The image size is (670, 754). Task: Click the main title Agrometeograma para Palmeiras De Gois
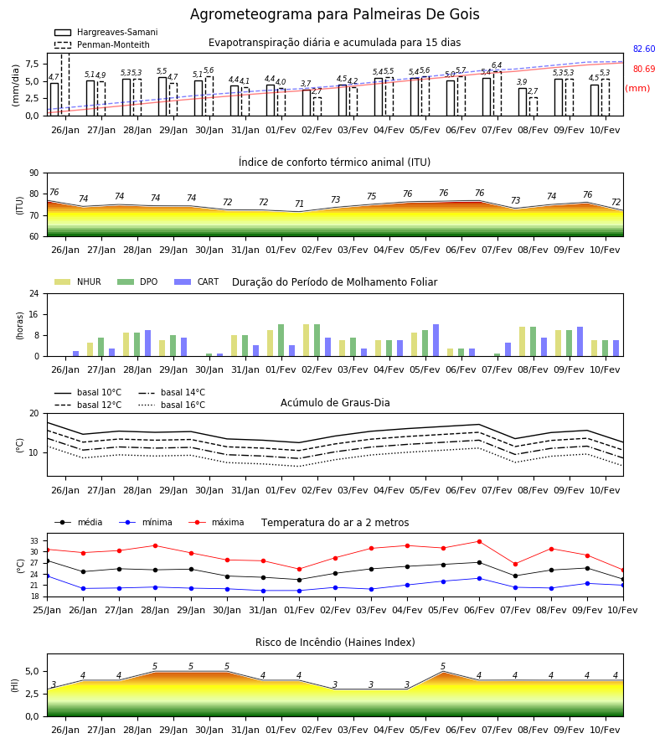(334, 14)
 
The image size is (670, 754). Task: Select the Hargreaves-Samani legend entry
(106, 32)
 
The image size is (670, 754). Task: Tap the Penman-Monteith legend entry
(102, 44)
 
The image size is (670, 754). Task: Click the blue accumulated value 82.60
(644, 49)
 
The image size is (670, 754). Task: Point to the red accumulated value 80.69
(644, 69)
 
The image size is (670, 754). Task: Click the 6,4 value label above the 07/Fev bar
(497, 65)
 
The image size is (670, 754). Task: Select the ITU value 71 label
(300, 204)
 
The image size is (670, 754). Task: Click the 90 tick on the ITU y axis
(34, 173)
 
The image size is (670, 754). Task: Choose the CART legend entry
(196, 281)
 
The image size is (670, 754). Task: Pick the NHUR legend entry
(77, 281)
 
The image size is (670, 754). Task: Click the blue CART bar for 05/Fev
(436, 340)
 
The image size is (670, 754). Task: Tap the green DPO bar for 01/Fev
(281, 340)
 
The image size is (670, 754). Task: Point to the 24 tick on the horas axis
(34, 293)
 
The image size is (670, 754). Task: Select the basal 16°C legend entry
(172, 405)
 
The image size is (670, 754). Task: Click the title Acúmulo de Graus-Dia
(335, 402)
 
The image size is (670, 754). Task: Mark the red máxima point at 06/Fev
(479, 541)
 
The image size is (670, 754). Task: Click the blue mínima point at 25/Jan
(47, 576)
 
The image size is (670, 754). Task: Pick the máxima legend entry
(216, 522)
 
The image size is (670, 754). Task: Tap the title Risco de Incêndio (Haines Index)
(335, 643)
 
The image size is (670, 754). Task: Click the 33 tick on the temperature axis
(34, 541)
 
